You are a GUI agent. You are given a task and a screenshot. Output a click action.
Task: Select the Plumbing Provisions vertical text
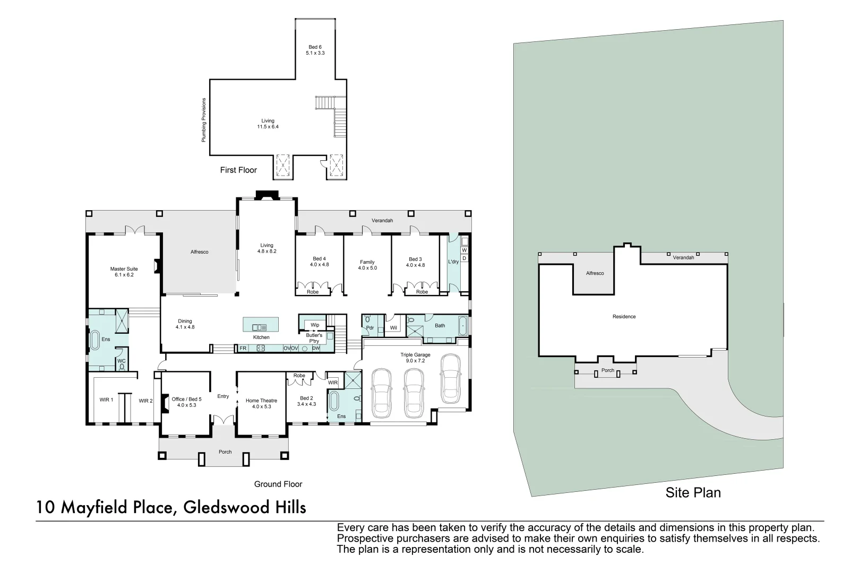[x=203, y=120]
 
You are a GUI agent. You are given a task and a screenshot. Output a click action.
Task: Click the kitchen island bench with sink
[x=261, y=324]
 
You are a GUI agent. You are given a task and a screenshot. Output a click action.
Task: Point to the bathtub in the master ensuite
[x=96, y=340]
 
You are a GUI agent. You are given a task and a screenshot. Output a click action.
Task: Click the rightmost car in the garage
[x=450, y=378]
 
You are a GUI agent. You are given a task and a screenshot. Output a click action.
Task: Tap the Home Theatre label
[x=261, y=401]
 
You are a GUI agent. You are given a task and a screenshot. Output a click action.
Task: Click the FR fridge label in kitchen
[x=243, y=348]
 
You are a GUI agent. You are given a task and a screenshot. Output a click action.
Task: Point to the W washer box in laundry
[x=464, y=250]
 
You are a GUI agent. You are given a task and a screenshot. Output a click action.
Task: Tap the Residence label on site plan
[x=624, y=317]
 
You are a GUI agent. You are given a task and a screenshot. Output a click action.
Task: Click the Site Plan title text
[x=693, y=492]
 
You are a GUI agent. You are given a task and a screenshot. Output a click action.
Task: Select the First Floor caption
[x=238, y=170]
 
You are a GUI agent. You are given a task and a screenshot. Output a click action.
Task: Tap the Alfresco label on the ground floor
[x=200, y=251]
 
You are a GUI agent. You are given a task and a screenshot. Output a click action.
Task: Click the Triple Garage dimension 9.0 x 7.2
[x=415, y=361]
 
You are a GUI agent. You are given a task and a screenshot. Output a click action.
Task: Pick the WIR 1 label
[x=106, y=400]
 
